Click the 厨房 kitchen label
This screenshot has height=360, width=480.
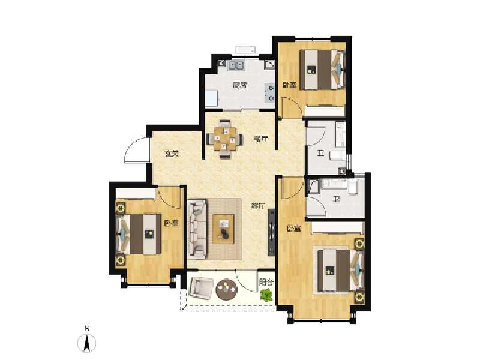[239, 85]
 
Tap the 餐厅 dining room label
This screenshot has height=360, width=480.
[260, 139]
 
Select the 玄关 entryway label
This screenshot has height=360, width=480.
[172, 153]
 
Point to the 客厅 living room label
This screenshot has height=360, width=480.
[258, 206]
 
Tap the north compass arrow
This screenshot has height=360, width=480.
[88, 343]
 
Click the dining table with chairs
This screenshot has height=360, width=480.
[224, 140]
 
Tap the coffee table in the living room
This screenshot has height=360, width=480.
[224, 228]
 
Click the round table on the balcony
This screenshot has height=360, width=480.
[227, 290]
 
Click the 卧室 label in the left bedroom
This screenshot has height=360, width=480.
[171, 223]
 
